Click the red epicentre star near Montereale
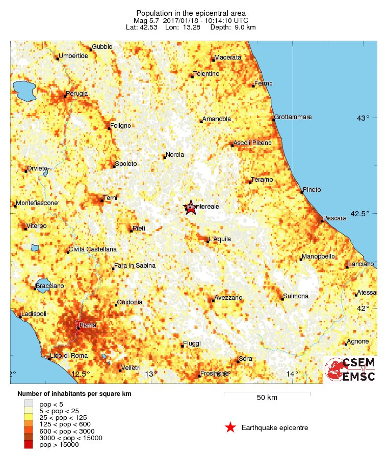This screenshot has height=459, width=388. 190,207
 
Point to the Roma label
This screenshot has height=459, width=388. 88,325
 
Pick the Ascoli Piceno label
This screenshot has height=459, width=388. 252,143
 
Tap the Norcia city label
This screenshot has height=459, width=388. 175,155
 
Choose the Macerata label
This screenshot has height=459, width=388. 227,58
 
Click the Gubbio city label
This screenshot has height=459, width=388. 102,47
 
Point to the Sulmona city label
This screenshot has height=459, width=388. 296,296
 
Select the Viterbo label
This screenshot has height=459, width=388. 36,225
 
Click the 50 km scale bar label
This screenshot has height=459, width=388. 267,397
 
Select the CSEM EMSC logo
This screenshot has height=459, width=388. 351,369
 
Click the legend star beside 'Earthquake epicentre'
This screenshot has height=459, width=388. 230,427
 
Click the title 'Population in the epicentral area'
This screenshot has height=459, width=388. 191,12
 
